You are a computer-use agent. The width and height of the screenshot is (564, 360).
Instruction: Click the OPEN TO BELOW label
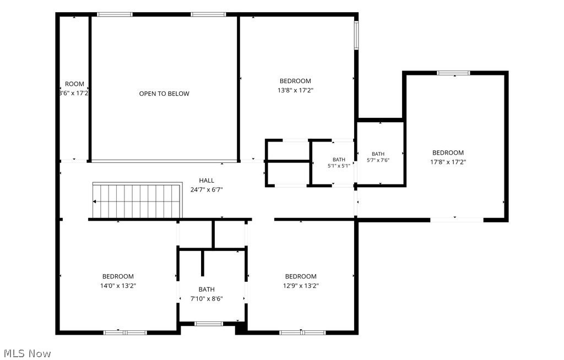(x=164, y=94)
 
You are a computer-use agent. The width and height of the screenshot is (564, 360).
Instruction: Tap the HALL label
(x=207, y=181)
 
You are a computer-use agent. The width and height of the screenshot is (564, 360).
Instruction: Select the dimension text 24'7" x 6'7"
(x=207, y=189)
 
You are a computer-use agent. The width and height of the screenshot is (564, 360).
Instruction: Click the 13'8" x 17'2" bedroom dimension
(x=295, y=90)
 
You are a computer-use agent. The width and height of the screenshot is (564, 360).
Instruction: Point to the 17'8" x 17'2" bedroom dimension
(x=448, y=162)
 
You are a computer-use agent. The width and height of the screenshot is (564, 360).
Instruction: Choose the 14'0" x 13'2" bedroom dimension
(x=118, y=286)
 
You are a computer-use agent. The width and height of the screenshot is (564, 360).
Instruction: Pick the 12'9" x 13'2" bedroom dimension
(x=301, y=286)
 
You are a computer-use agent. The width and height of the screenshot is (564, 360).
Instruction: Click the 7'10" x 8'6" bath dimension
(x=207, y=298)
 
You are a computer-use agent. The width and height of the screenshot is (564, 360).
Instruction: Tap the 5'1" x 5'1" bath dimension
(x=339, y=166)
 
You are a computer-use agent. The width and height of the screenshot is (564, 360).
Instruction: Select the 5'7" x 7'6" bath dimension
(x=378, y=160)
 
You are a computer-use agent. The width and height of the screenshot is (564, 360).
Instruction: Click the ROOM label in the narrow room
(x=74, y=84)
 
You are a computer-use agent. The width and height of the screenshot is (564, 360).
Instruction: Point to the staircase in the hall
(x=137, y=201)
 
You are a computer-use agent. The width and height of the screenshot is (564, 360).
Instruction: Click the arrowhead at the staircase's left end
(x=94, y=202)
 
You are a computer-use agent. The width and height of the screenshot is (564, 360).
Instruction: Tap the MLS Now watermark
(x=28, y=353)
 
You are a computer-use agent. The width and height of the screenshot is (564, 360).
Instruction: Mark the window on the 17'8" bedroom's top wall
(x=454, y=73)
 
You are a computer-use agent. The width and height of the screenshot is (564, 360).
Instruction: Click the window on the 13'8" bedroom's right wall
(x=356, y=35)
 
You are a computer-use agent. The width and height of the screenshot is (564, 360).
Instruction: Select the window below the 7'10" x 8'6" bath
(x=209, y=324)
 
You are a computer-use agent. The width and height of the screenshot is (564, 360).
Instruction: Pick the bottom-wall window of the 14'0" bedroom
(x=125, y=332)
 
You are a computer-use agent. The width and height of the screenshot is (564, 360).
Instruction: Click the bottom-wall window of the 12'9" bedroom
(x=302, y=332)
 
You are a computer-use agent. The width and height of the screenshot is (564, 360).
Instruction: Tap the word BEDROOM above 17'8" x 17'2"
(x=448, y=152)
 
